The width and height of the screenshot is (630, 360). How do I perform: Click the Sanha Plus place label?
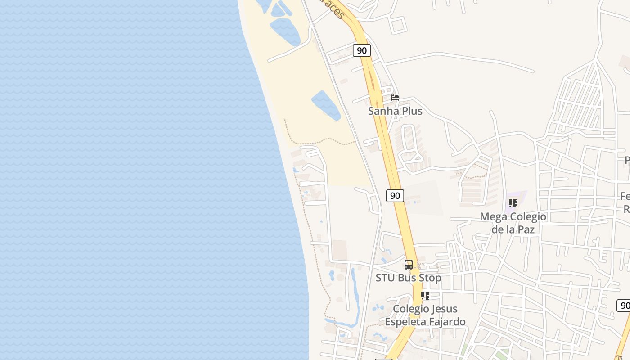[395, 111]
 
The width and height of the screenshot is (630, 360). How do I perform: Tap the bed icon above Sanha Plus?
[395, 98]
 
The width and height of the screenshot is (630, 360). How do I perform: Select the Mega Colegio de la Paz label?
[513, 223]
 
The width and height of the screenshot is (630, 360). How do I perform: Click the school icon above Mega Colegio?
[513, 203]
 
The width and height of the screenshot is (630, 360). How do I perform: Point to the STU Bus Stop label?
[408, 278]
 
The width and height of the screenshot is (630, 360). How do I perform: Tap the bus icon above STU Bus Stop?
[408, 265]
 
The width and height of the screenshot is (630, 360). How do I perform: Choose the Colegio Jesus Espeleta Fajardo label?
[425, 315]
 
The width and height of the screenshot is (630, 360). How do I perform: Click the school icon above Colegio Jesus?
[425, 296]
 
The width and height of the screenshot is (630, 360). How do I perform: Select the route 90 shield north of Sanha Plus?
[361, 50]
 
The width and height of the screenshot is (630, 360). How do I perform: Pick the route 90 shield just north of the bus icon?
[395, 196]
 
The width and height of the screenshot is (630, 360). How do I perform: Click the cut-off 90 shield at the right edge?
[624, 306]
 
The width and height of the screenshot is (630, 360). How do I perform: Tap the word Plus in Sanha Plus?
[411, 111]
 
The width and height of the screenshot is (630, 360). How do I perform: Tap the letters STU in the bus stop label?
[385, 278]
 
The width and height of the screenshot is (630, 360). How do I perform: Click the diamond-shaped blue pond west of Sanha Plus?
[326, 105]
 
